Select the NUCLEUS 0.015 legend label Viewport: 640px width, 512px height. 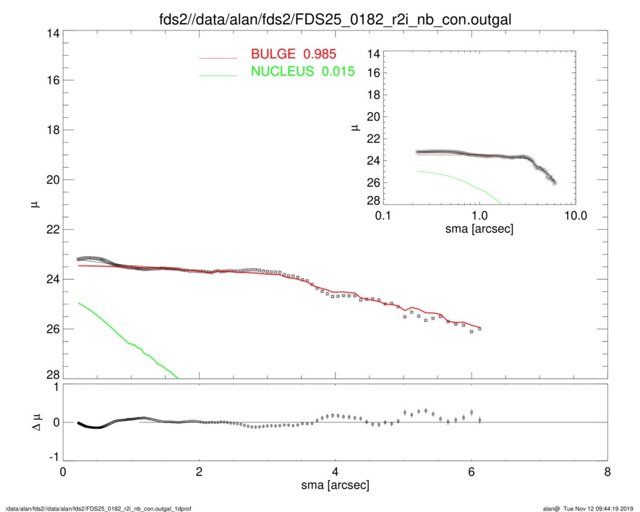pyautogui.click(x=302, y=71)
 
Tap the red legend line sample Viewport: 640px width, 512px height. pyautogui.click(x=218, y=56)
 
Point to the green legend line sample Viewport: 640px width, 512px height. pyautogui.click(x=218, y=74)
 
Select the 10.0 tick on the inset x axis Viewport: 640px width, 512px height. pyautogui.click(x=575, y=216)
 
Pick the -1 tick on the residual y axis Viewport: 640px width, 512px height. pyautogui.click(x=52, y=457)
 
